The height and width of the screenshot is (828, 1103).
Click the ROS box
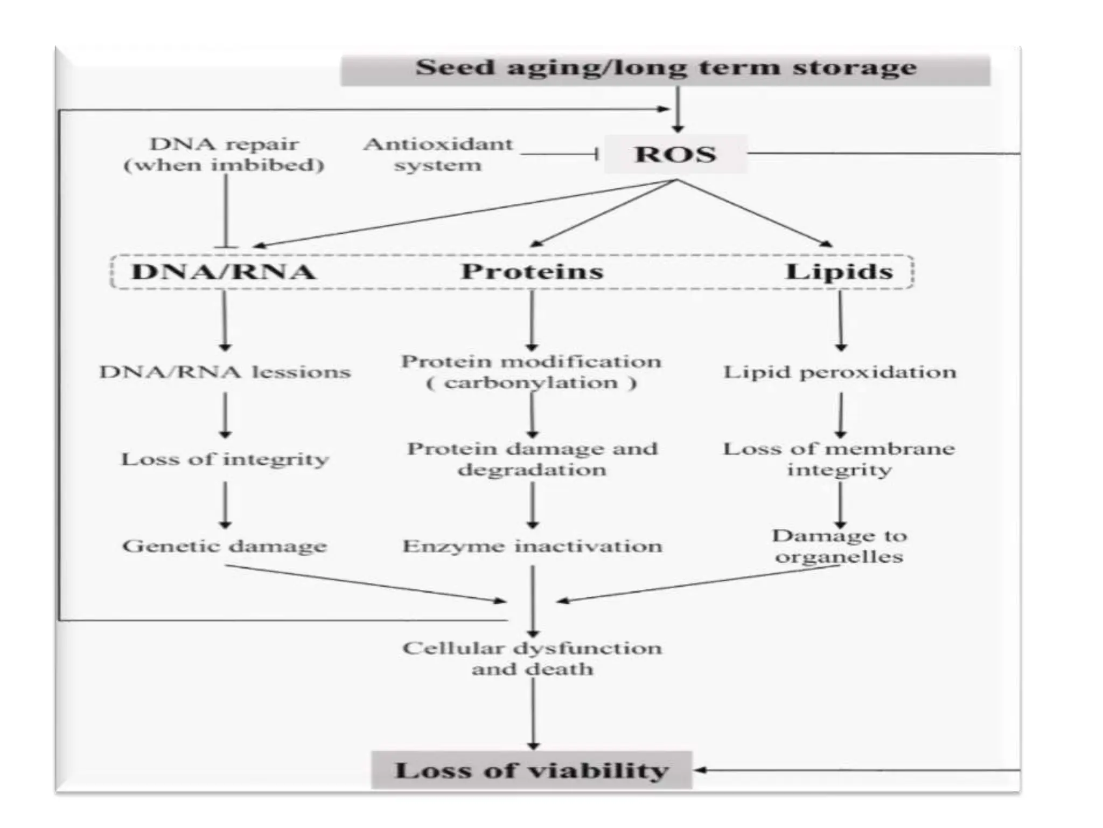(675, 155)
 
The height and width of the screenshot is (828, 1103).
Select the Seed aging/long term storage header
(666, 68)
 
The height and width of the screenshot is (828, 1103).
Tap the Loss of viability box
(532, 770)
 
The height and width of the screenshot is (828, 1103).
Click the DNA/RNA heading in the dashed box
(224, 272)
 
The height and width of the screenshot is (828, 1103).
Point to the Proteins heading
(532, 272)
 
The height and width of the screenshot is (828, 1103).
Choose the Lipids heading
(839, 272)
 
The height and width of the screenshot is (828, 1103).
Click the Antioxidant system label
(438, 155)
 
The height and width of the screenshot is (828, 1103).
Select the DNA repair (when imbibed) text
(224, 155)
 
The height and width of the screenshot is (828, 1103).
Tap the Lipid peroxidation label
(839, 372)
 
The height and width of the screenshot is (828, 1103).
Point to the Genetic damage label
(225, 546)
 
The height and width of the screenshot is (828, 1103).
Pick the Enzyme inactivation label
(532, 546)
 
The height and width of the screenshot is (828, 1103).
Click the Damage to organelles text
(839, 546)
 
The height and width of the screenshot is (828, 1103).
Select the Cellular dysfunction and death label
(532, 658)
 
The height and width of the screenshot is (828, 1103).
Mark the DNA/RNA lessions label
(225, 372)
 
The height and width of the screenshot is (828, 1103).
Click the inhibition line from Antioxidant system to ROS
(559, 155)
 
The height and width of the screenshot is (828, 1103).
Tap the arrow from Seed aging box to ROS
(678, 108)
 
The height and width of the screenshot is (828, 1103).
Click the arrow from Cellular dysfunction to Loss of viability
(533, 714)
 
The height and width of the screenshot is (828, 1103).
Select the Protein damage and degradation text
(532, 459)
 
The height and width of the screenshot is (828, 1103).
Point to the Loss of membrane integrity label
(839, 459)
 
